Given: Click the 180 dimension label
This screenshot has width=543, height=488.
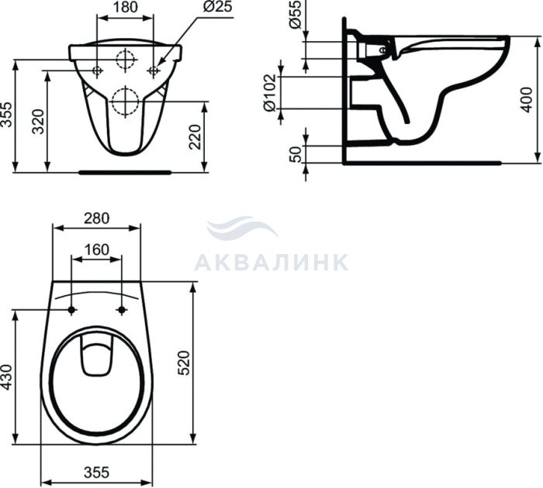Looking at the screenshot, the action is pyautogui.click(x=126, y=7).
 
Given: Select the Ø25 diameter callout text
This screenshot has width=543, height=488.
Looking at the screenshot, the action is pyautogui.click(x=217, y=6).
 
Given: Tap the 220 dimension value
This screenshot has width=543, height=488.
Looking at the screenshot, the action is pyautogui.click(x=195, y=137).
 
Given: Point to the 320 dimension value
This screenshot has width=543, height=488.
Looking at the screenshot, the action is pyautogui.click(x=39, y=122).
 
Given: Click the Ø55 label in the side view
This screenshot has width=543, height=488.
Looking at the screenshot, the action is pyautogui.click(x=295, y=15).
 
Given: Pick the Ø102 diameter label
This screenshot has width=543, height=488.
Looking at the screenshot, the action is pyautogui.click(x=271, y=93).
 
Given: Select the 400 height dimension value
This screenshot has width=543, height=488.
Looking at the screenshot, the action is pyautogui.click(x=527, y=100).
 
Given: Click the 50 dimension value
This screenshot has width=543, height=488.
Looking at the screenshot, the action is pyautogui.click(x=296, y=154).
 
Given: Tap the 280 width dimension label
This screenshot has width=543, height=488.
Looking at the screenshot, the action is pyautogui.click(x=96, y=218).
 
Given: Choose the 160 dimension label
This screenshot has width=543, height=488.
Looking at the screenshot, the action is pyautogui.click(x=97, y=249).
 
